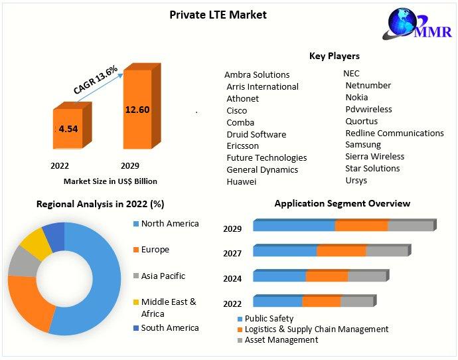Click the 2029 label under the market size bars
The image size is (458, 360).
(129, 165)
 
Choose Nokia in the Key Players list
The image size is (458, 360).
(356, 97)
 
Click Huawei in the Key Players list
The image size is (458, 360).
(241, 181)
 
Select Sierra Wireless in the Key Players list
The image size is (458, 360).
(374, 157)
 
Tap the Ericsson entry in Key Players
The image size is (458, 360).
(242, 146)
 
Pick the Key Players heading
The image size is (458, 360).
(335, 56)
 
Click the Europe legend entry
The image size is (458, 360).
(155, 250)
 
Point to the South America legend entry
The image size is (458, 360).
(169, 328)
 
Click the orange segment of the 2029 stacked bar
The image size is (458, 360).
(361, 226)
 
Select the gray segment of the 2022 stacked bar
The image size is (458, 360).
(356, 302)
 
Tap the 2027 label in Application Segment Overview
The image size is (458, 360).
(232, 254)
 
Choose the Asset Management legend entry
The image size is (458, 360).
(281, 340)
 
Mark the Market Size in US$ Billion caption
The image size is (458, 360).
(110, 181)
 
